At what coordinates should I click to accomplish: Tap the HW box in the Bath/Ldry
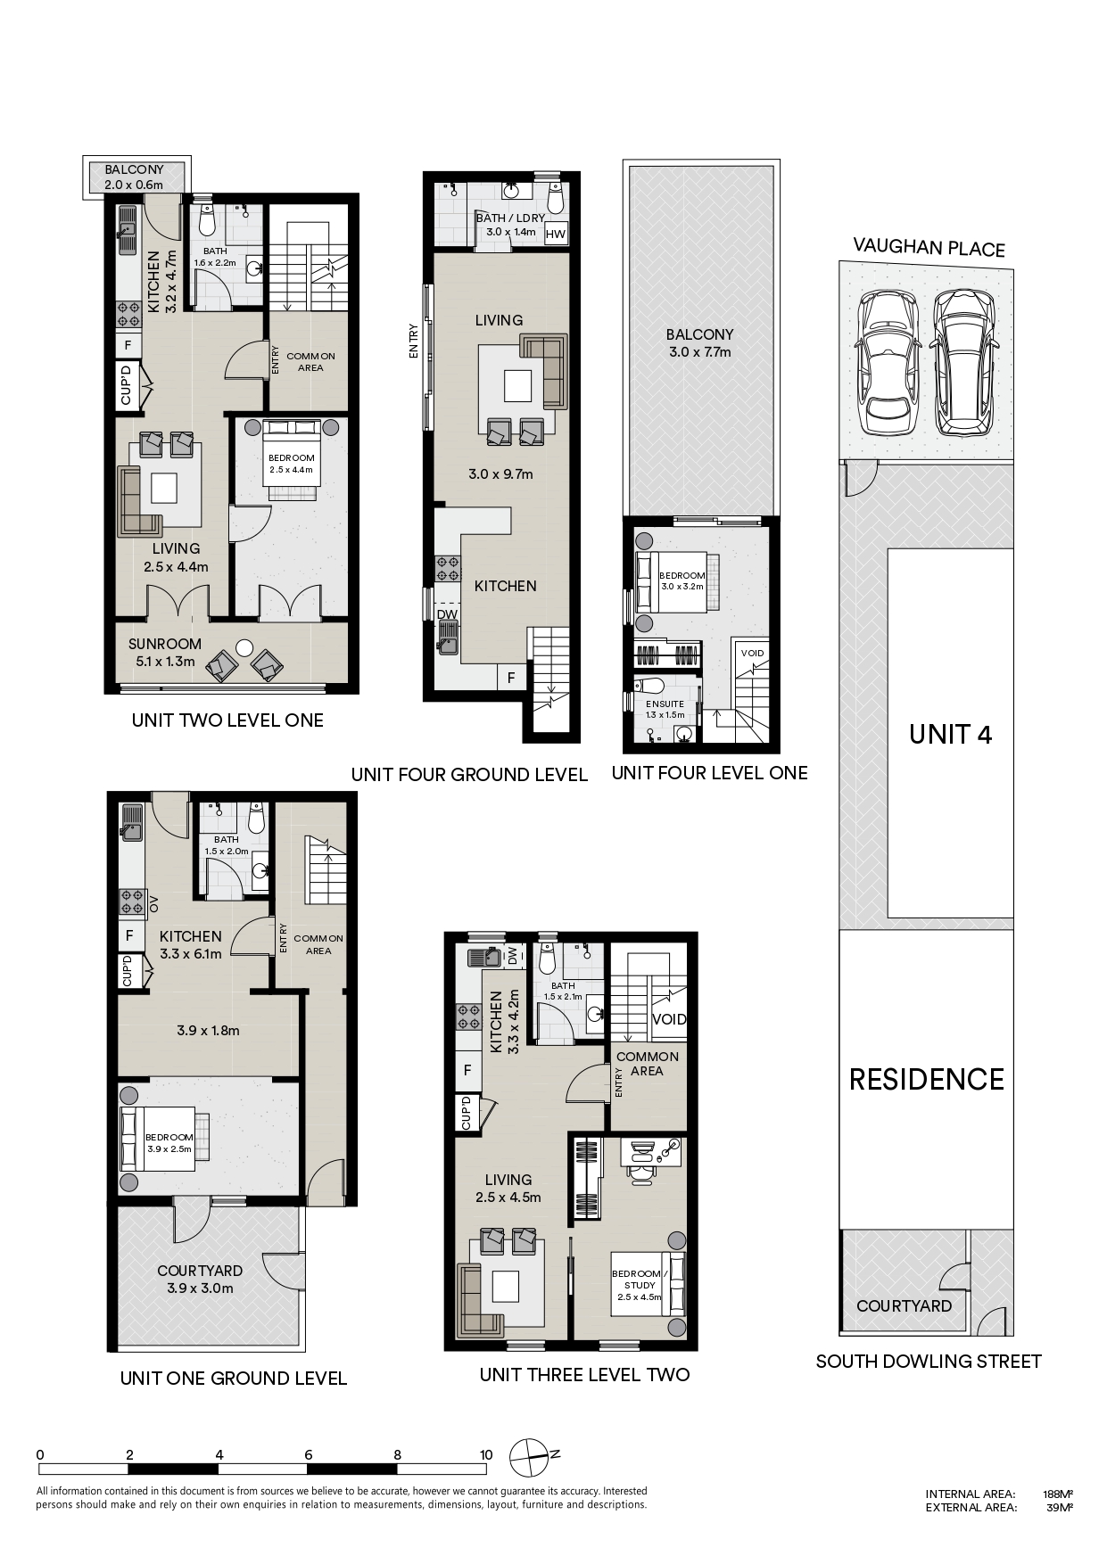(x=555, y=235)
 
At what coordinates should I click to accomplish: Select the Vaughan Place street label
(x=929, y=247)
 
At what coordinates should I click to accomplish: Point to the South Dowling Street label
(x=929, y=1362)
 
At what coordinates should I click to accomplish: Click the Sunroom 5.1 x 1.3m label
(x=165, y=652)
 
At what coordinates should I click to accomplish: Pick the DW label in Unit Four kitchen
(x=447, y=614)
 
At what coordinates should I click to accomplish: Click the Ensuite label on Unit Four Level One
(x=665, y=709)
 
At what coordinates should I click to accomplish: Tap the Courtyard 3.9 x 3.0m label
(x=200, y=1280)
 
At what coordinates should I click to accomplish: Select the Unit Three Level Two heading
(x=584, y=1375)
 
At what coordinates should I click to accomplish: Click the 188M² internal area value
(x=1058, y=1494)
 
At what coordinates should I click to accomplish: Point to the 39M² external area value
(x=1060, y=1509)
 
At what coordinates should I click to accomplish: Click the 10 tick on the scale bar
(x=486, y=1455)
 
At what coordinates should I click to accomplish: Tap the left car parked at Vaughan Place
(x=888, y=363)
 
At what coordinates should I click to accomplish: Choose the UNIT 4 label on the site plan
(x=951, y=734)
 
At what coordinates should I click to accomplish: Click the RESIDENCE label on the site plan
(x=927, y=1080)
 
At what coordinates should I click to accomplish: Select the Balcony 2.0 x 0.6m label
(x=134, y=177)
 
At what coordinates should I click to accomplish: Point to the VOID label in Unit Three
(x=669, y=1019)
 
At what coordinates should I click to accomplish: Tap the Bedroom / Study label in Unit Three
(x=640, y=1285)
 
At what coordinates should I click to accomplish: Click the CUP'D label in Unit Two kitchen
(x=126, y=385)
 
